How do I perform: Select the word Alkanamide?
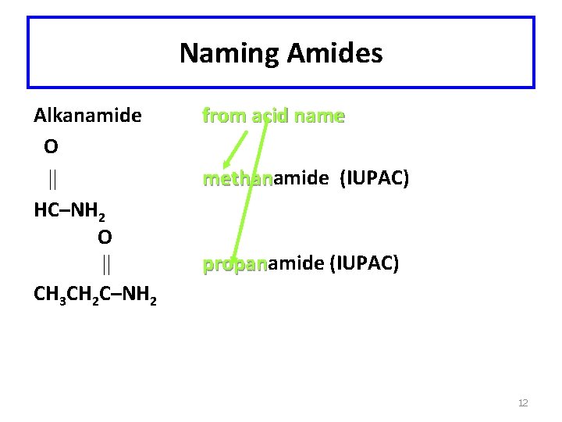87,116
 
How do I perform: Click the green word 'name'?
320,116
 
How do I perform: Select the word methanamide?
265,179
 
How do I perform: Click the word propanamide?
262,264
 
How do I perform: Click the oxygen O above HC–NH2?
51,147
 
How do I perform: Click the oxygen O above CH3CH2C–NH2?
105,236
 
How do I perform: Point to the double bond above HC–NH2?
52,179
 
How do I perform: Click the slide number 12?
523,403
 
